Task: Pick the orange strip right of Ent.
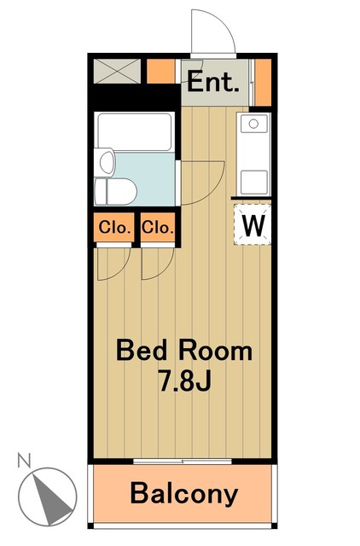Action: tap(264, 77)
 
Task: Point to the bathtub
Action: tap(135, 131)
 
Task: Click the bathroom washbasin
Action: tap(107, 160)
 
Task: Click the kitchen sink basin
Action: tap(253, 126)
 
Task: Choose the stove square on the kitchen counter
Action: tap(253, 182)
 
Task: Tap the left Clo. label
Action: tap(114, 228)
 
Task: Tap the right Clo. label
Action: tap(159, 228)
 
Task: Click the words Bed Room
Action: tap(183, 350)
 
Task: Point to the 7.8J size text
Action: tap(183, 378)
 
